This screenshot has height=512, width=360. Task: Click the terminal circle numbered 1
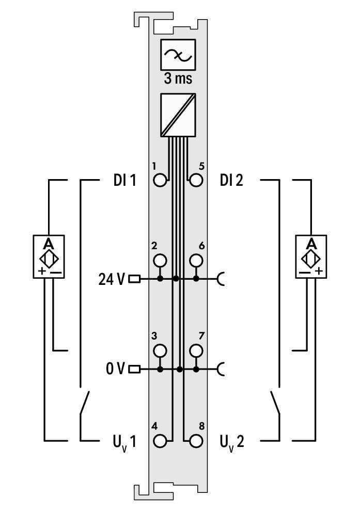[161, 181]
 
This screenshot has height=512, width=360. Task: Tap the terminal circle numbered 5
[196, 181]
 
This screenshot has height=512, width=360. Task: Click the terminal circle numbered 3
[161, 350]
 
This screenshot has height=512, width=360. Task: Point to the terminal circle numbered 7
[196, 350]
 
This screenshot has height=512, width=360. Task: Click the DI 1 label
[124, 181]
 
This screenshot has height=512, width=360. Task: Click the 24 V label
[112, 279]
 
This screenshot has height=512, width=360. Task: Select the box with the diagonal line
[178, 115]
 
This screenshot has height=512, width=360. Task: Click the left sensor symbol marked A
[49, 257]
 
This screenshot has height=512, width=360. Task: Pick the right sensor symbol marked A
[311, 257]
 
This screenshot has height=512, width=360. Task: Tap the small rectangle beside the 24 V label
[134, 279]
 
